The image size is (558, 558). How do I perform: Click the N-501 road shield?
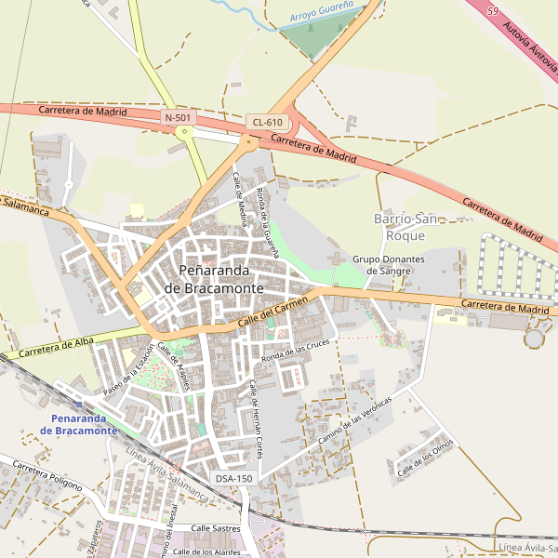click(178, 117)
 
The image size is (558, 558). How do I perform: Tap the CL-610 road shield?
click(266, 123)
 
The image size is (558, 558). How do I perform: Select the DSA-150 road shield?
click(233, 478)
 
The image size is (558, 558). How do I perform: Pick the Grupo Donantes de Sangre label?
click(388, 265)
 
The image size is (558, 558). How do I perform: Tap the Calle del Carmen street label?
click(272, 309)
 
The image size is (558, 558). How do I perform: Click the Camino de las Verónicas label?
click(355, 418)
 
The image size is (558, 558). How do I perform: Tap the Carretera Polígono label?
click(47, 474)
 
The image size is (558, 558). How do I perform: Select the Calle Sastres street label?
click(215, 528)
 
